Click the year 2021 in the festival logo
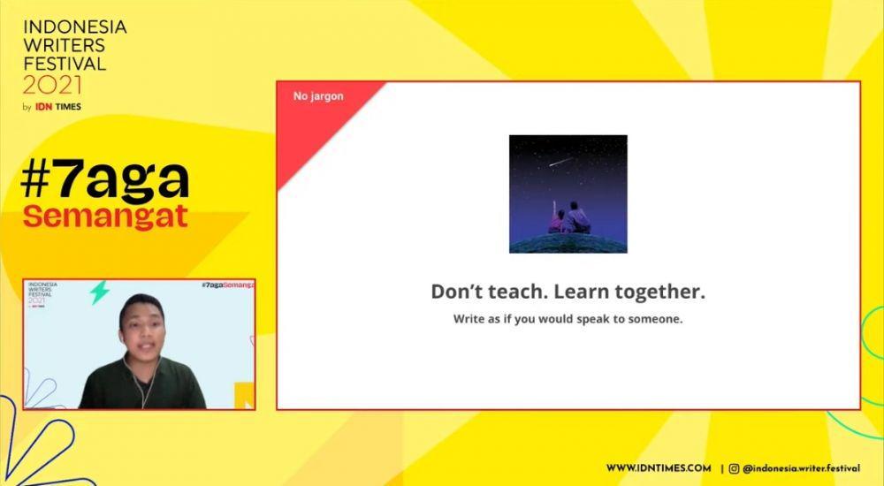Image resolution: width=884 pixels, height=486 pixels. pyautogui.click(x=52, y=85)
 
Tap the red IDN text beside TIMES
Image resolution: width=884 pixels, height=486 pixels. pyautogui.click(x=44, y=107)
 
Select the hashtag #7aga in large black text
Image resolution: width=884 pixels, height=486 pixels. pyautogui.click(x=105, y=180)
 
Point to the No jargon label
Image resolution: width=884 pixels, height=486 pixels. pyautogui.click(x=318, y=96)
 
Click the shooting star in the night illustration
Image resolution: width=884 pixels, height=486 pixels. pyautogui.click(x=561, y=162)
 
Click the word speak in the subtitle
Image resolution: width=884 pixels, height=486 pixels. pyautogui.click(x=591, y=319)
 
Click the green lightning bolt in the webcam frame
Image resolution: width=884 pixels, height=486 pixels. pyautogui.click(x=100, y=292)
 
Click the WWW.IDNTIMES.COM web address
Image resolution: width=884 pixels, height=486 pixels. pyautogui.click(x=659, y=468)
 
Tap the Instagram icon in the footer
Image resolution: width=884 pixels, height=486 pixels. pyautogui.click(x=734, y=468)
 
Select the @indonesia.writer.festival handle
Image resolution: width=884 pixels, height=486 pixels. pyautogui.click(x=801, y=468)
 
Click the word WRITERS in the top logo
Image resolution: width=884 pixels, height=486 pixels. pyautogui.click(x=65, y=44)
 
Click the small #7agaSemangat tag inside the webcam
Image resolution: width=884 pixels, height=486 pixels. pyautogui.click(x=228, y=285)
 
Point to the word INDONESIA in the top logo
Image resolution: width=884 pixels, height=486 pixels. pyautogui.click(x=75, y=27)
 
